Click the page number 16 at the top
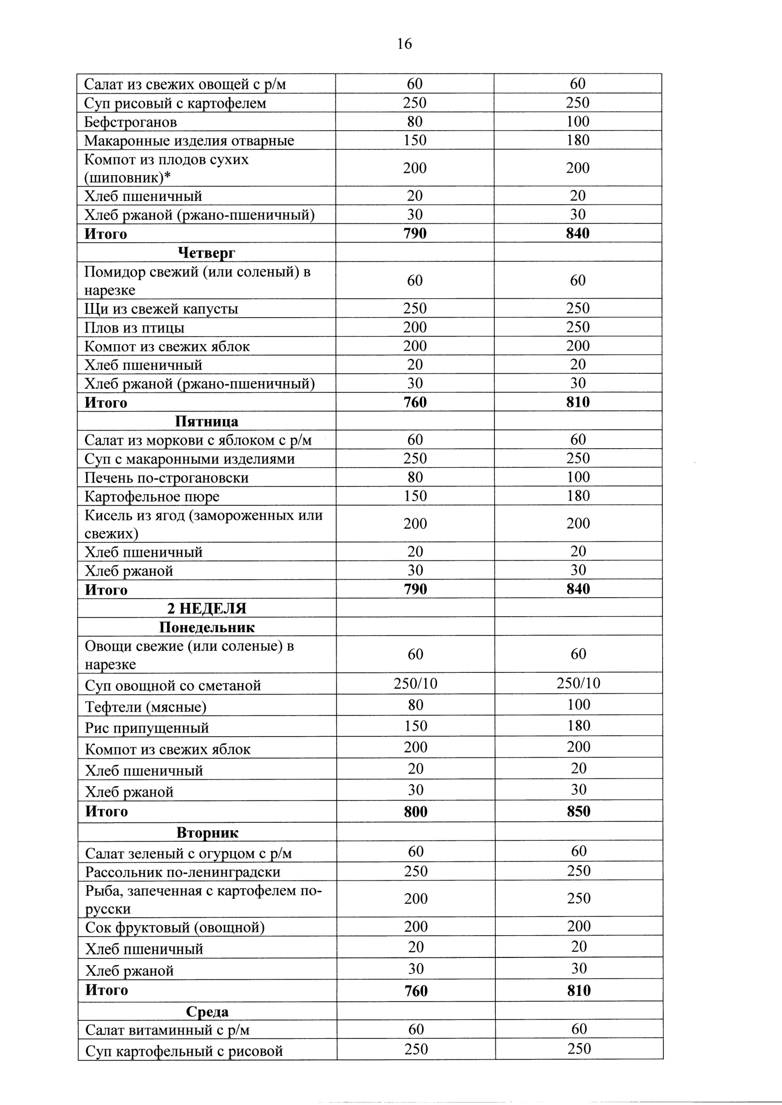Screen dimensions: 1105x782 [x=404, y=44]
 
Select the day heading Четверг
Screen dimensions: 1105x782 [x=206, y=252]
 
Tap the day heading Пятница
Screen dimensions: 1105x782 [x=206, y=421]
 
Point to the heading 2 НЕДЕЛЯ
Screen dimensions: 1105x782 [x=207, y=609]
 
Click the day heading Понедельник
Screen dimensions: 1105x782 [x=207, y=627]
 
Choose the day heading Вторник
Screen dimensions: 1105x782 [x=207, y=833]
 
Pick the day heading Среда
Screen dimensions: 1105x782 [x=207, y=1012]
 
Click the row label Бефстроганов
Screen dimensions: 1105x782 [x=131, y=122]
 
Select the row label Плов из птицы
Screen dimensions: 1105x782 [x=134, y=328]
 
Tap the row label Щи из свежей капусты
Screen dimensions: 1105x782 [x=161, y=309]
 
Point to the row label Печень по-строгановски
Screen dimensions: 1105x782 [x=167, y=478]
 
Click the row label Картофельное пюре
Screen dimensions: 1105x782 [x=152, y=496]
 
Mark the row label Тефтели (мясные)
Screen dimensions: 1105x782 [x=145, y=707]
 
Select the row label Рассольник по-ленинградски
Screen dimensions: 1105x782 [x=183, y=872]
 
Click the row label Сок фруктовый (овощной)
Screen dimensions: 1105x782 [x=175, y=927]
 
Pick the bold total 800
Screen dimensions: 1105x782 [x=415, y=812]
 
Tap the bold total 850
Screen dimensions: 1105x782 [x=578, y=812]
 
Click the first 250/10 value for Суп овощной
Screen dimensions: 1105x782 [x=415, y=684]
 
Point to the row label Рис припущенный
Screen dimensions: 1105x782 [x=147, y=728]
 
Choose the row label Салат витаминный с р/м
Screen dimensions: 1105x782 [x=167, y=1030]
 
